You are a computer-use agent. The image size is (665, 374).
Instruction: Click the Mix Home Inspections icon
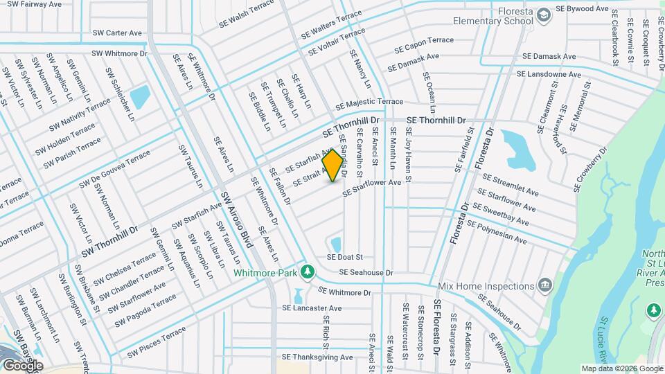tap(545, 285)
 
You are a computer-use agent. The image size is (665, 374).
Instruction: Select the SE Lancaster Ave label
tap(312, 308)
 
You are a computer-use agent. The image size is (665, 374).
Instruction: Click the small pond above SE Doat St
tap(336, 244)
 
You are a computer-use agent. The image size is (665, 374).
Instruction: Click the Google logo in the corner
tap(22, 365)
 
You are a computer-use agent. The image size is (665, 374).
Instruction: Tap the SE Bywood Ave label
tap(582, 9)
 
